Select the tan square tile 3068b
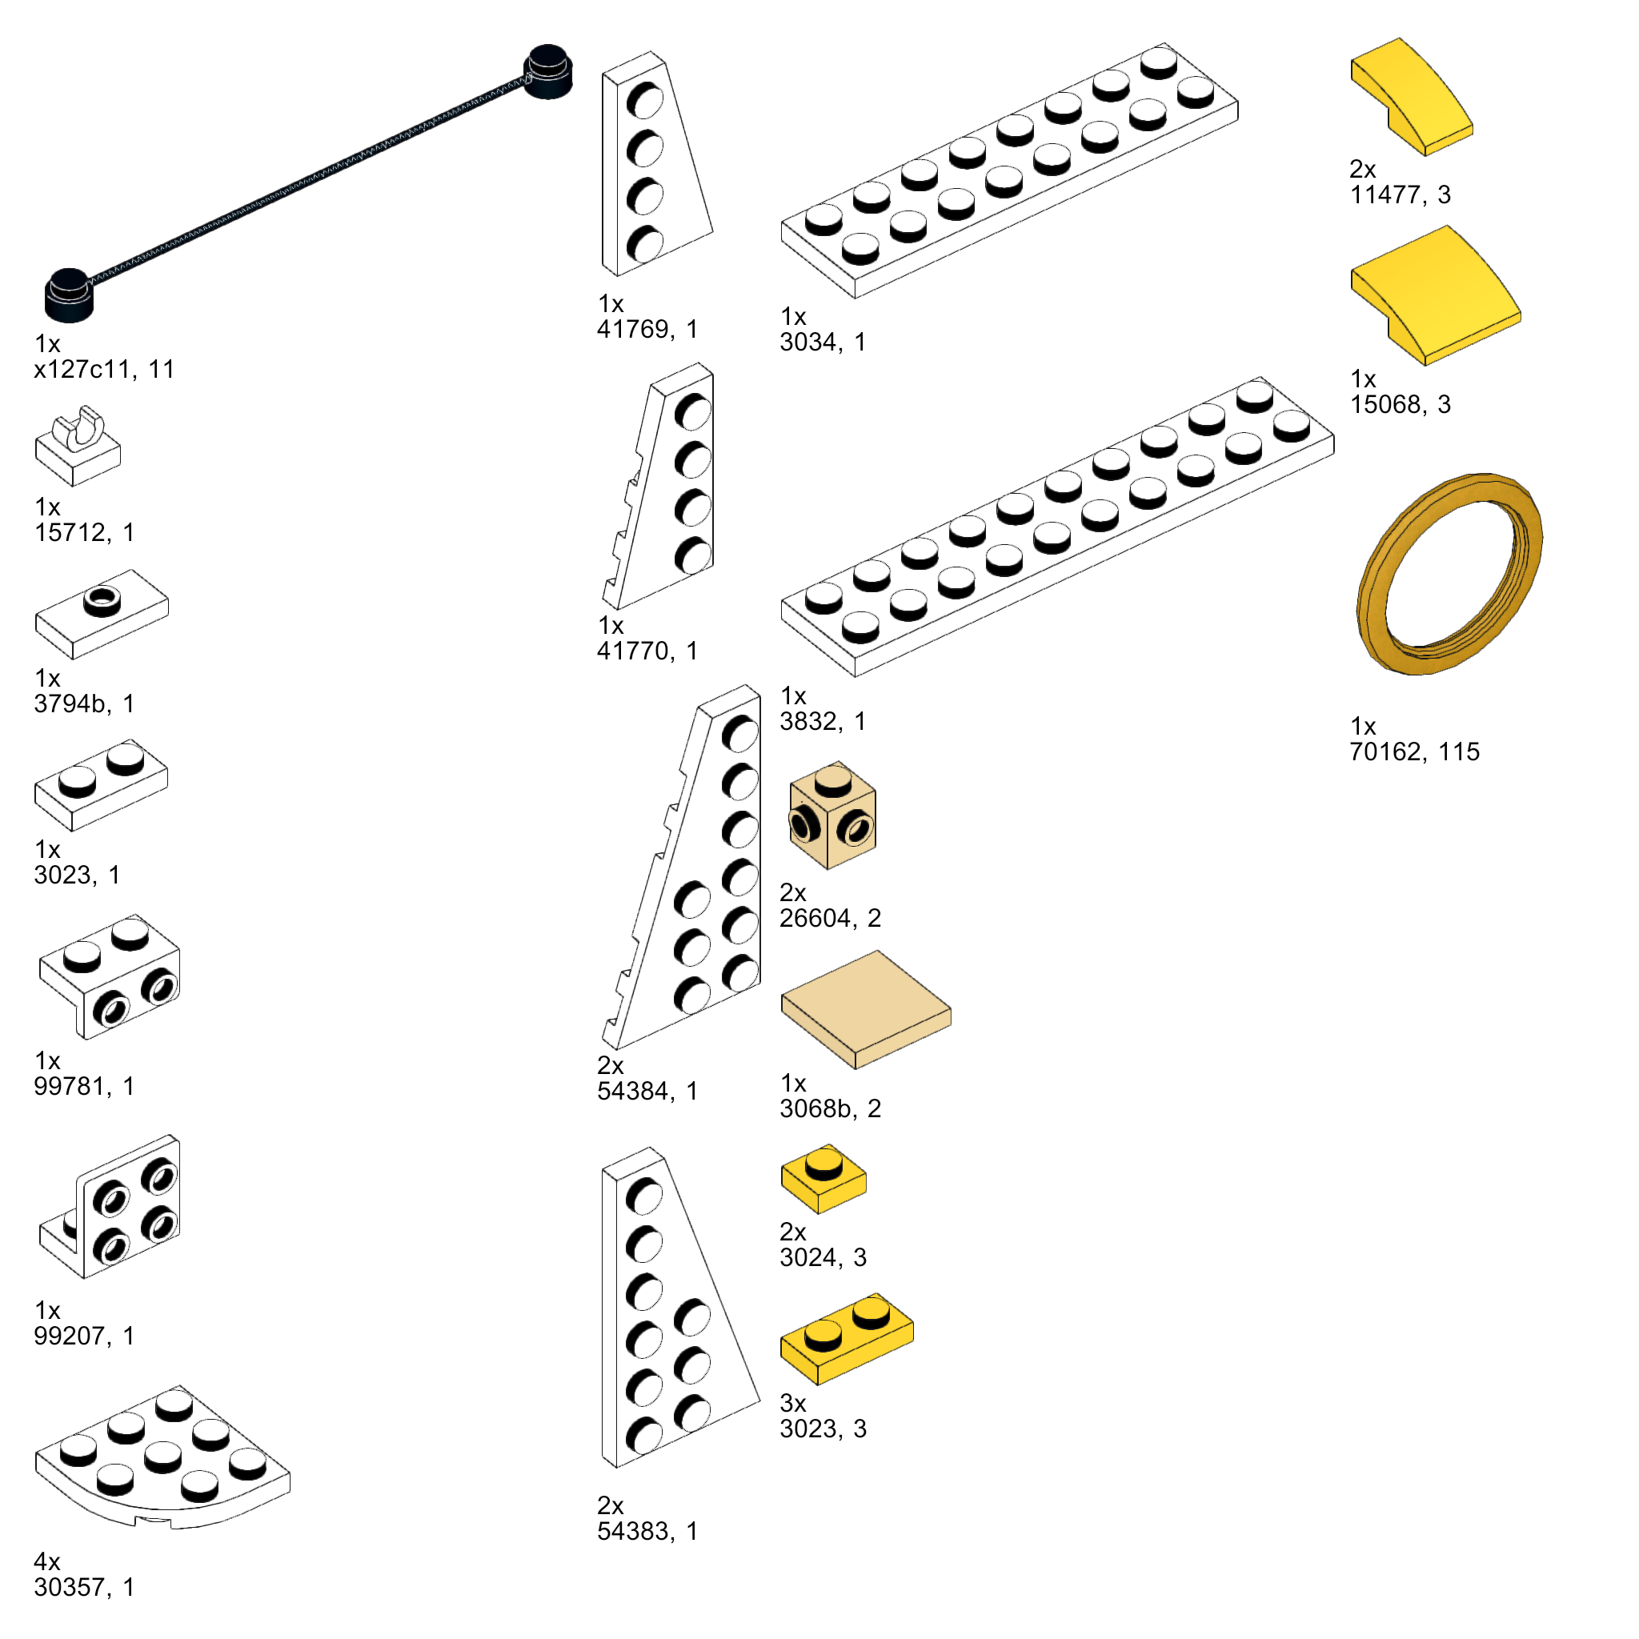click(x=865, y=1008)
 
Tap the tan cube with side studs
click(x=832, y=815)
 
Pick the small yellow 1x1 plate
click(x=823, y=1178)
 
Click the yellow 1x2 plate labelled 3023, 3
click(x=847, y=1339)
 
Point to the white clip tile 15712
click(x=77, y=447)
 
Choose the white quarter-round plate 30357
click(x=162, y=1458)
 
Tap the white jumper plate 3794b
click(x=102, y=614)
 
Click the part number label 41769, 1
click(x=647, y=329)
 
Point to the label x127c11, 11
click(x=104, y=369)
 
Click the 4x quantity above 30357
click(x=47, y=1561)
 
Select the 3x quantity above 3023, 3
click(x=793, y=1402)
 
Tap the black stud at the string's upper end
click(x=548, y=71)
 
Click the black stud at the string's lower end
click(x=69, y=295)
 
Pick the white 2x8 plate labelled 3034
click(x=1009, y=170)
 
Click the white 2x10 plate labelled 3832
click(x=1057, y=526)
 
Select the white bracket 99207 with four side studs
click(x=110, y=1205)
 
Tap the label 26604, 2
click(x=831, y=918)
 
